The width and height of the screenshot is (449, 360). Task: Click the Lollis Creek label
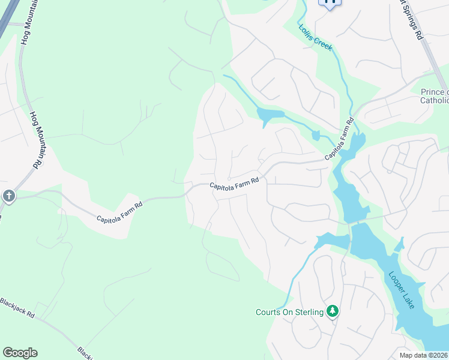[316, 37]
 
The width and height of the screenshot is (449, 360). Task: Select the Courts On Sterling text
[289, 312]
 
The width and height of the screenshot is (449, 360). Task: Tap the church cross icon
[8, 196]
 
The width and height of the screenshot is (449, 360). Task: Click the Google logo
[20, 353]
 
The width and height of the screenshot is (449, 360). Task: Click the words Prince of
[434, 92]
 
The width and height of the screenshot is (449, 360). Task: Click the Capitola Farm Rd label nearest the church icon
[119, 212]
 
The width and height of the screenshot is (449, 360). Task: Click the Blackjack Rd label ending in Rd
[17, 307]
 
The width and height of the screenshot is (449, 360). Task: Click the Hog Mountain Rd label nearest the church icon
[37, 139]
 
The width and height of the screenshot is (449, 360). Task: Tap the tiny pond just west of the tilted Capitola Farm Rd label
[316, 136]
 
